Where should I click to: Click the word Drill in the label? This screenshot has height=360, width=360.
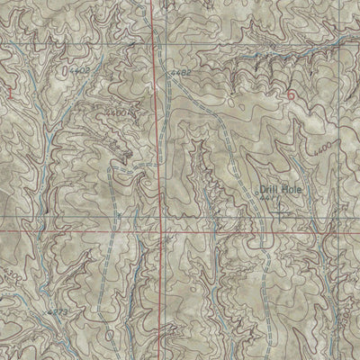268,190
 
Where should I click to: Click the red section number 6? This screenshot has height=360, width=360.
290,94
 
